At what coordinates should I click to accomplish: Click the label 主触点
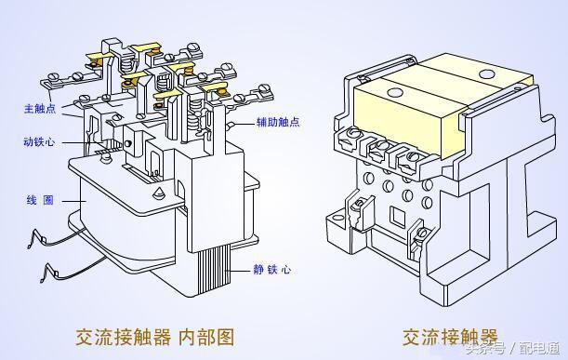coord(38,109)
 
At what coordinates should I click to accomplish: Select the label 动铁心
coord(38,143)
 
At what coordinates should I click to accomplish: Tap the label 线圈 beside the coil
coord(38,200)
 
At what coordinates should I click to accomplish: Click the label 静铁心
coord(271,270)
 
